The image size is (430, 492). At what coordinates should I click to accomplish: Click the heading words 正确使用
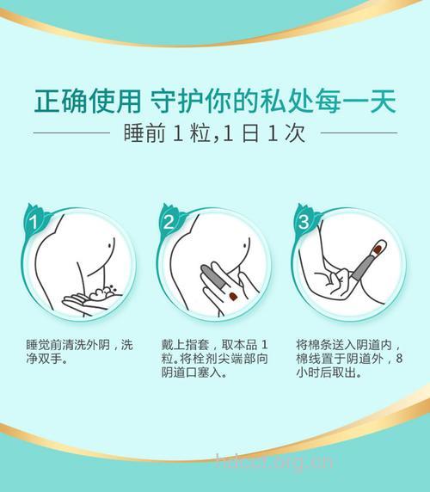coord(86,102)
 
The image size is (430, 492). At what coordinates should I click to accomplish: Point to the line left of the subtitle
coord(73,133)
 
